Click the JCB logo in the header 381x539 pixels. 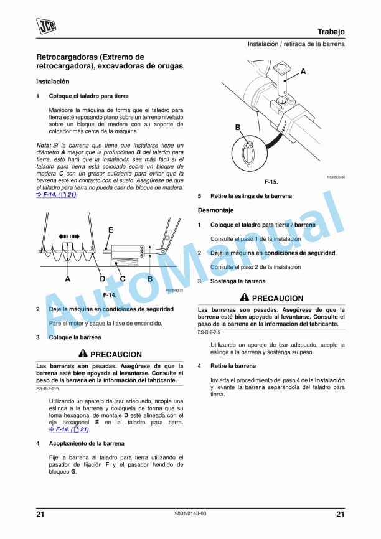(x=45, y=26)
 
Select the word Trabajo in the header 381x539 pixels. (x=331, y=32)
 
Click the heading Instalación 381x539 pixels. (x=53, y=82)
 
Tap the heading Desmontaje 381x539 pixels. (x=216, y=210)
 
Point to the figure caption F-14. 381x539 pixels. (x=110, y=294)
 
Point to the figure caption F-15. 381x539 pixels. (x=271, y=182)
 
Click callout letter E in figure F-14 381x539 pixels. (x=111, y=230)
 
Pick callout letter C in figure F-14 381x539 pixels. (x=123, y=279)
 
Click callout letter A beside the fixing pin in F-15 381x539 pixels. (x=303, y=72)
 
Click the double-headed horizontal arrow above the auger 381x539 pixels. (x=68, y=237)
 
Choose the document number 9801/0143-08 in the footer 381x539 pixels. (x=190, y=513)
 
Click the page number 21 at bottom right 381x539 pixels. (x=340, y=513)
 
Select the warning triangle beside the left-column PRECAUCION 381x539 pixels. (x=82, y=354)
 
